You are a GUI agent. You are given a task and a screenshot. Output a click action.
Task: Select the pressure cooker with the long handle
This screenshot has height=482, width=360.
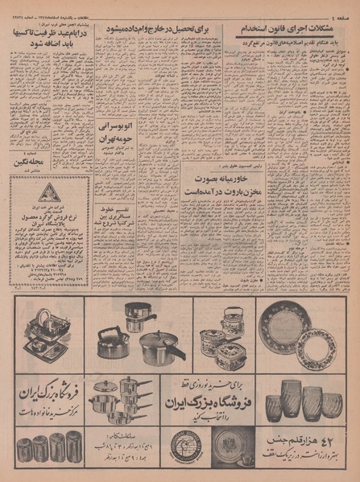(x=161, y=346)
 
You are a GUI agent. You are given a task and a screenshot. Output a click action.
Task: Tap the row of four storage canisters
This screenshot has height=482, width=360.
(x=48, y=446)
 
